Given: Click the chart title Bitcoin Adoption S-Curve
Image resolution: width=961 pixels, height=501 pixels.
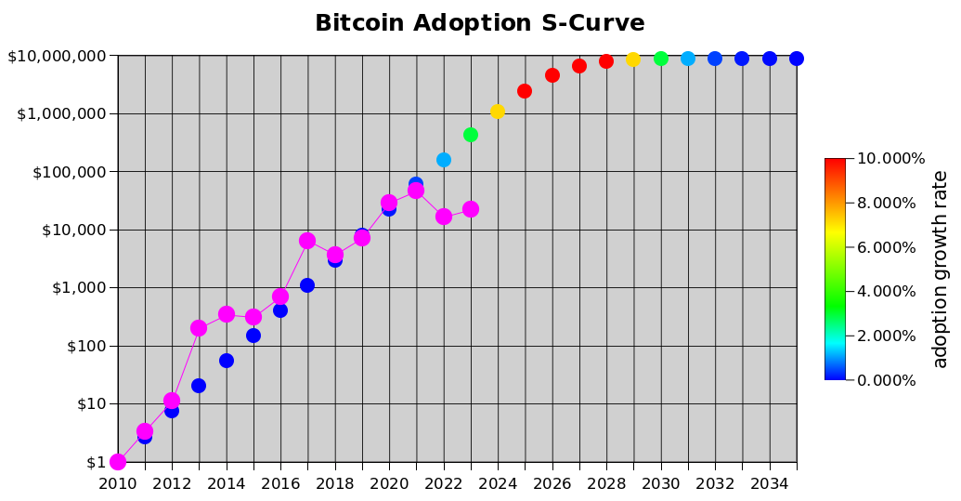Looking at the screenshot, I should point(479,23).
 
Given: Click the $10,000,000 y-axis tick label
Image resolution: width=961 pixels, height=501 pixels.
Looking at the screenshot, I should point(57,57).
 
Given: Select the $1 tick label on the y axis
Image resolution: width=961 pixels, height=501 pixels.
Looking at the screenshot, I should point(96,462).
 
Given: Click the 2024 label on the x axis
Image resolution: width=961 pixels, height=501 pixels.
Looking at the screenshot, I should point(498,483).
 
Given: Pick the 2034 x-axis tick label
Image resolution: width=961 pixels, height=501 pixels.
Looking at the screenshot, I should point(769,483).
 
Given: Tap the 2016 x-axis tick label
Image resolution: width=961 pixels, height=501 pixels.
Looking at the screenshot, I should point(280,483).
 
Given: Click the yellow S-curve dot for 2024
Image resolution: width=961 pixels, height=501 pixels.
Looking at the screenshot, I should point(498,112).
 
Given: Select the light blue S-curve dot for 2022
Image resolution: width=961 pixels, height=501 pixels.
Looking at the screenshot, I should point(444,160).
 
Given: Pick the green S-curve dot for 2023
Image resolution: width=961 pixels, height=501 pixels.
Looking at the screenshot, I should point(471,135).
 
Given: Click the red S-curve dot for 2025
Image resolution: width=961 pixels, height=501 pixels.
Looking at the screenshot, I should point(525,91).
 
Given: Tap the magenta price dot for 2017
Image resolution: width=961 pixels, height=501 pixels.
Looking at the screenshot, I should point(307,241).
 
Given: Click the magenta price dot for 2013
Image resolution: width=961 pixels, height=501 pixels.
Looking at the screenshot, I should point(199,328).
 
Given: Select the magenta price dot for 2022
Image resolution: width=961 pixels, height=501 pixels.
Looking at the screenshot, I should point(444,217).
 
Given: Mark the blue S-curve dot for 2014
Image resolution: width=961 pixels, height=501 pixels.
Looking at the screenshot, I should point(227,361).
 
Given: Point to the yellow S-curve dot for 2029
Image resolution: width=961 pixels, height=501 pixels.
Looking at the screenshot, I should point(633,59).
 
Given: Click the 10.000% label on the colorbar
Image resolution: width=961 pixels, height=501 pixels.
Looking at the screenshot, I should point(890,159).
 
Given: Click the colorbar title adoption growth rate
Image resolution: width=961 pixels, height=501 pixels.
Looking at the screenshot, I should point(941,269).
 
